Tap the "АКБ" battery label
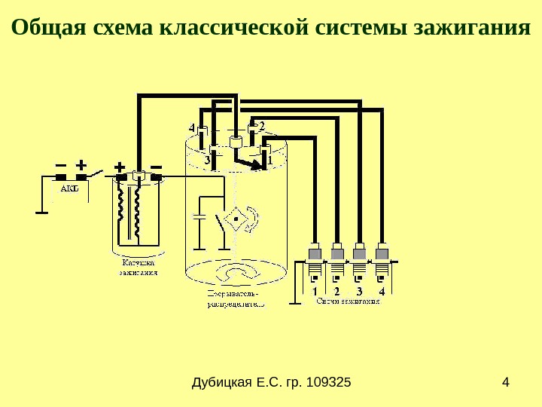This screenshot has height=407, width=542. click(68, 188)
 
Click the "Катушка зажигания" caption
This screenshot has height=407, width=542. click(139, 268)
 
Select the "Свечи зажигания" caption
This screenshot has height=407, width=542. click(348, 301)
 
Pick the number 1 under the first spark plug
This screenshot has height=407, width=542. click(315, 291)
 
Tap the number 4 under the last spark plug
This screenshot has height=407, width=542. click(382, 291)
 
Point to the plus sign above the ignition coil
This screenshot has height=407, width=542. click(119, 165)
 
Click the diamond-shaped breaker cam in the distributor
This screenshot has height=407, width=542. click(236, 218)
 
